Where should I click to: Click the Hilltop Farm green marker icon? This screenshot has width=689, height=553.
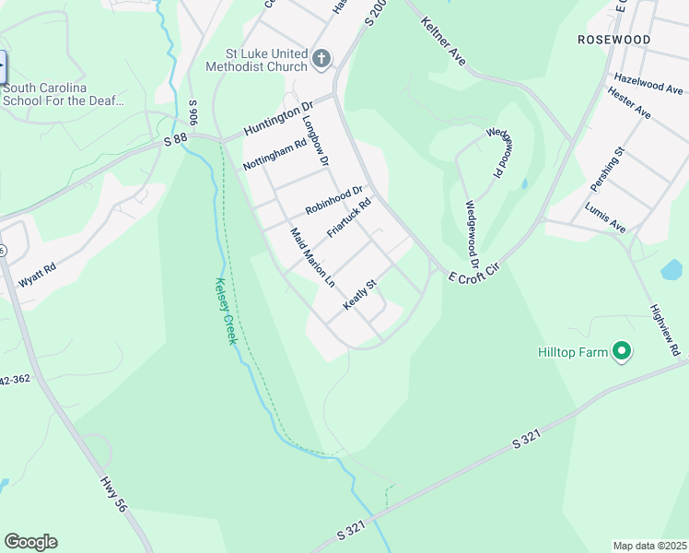(622, 351)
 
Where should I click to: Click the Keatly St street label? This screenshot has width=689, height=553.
(361, 295)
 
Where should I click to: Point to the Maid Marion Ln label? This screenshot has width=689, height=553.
(311, 255)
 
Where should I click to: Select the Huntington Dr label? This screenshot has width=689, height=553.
(280, 121)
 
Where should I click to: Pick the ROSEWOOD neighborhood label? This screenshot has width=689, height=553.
(613, 40)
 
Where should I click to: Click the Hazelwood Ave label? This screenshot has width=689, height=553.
(648, 84)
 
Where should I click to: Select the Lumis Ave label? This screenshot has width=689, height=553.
(605, 218)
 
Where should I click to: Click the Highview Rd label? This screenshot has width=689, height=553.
(664, 331)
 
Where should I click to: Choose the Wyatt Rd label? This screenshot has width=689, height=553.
(38, 272)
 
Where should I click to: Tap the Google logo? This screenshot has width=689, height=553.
(30, 542)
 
